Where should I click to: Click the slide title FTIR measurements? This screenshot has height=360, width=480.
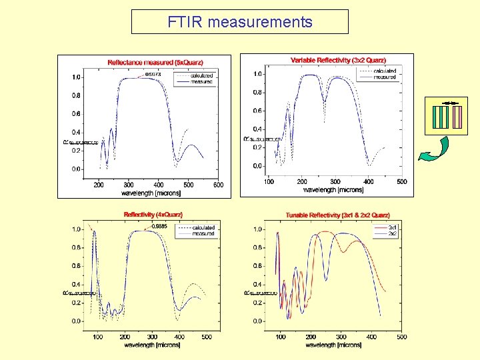click(x=239, y=22)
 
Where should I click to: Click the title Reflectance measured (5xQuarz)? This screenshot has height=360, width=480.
click(x=155, y=63)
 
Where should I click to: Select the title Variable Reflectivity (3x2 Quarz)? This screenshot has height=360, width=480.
click(x=338, y=61)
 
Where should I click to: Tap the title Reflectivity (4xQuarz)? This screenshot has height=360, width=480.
click(x=153, y=215)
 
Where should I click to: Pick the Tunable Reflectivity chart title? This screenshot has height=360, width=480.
click(x=337, y=215)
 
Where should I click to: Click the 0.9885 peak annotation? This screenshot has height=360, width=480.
click(x=159, y=226)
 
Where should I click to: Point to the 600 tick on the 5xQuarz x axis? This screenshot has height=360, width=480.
click(x=219, y=185)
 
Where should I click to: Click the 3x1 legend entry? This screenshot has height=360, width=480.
click(x=393, y=228)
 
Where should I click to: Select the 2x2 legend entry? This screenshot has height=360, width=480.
click(x=393, y=234)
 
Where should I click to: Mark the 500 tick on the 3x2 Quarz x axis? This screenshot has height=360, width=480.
click(x=402, y=181)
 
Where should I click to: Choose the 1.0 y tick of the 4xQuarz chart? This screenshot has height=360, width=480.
click(x=77, y=229)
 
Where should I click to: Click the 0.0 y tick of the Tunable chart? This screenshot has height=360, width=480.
click(x=257, y=321)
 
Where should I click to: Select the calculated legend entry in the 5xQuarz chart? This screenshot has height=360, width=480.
click(x=201, y=75)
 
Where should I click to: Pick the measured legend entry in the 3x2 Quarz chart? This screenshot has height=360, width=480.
click(x=384, y=77)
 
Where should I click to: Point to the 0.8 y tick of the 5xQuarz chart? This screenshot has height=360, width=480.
click(x=77, y=95)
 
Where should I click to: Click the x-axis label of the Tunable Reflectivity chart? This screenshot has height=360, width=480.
click(x=334, y=345)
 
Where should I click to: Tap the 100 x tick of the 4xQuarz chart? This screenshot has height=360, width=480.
click(x=98, y=337)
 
